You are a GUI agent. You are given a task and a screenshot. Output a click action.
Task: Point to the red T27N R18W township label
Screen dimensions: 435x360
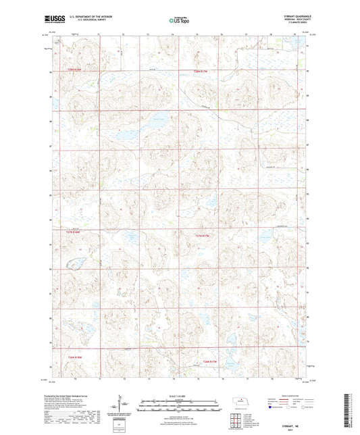[73, 232]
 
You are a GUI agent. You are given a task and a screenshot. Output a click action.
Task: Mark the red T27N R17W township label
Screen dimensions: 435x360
[203, 236]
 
